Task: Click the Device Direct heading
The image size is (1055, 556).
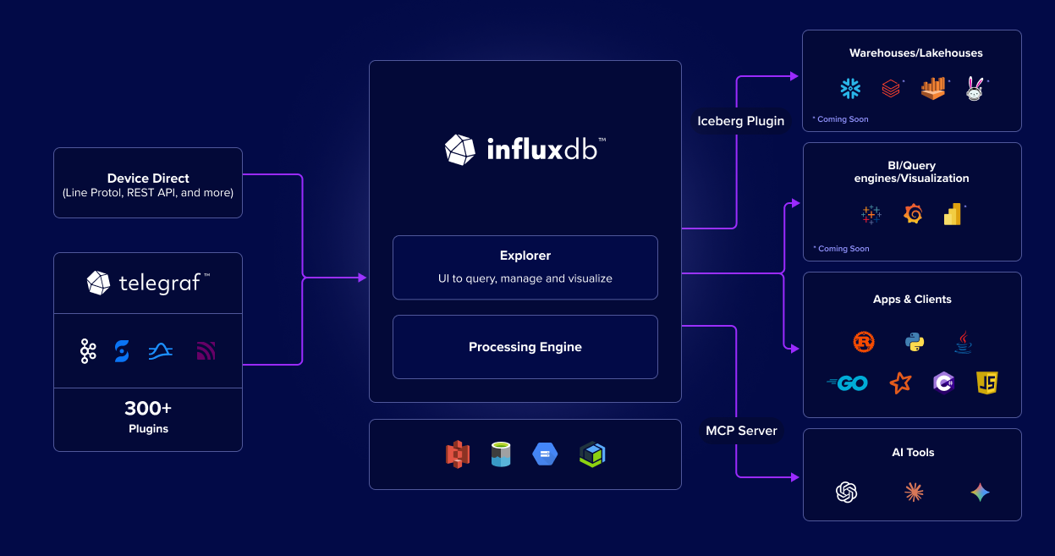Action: [148, 179]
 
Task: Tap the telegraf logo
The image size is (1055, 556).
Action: [148, 283]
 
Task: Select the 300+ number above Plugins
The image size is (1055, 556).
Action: [148, 408]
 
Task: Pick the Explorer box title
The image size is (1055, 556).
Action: [525, 256]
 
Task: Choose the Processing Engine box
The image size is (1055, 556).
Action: [525, 347]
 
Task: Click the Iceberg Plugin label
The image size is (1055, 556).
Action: [740, 121]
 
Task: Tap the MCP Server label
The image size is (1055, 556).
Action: [741, 431]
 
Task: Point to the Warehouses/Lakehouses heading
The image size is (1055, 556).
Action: [915, 53]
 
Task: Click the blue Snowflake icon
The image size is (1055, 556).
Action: [849, 88]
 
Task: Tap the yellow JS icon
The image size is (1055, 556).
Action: [986, 383]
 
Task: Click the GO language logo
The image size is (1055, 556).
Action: [848, 383]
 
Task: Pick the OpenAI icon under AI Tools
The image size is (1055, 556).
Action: [847, 492]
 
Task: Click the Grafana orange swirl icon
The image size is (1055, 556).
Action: [913, 214]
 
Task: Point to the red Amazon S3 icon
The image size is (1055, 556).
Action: [458, 454]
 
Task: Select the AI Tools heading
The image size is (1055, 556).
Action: [913, 453]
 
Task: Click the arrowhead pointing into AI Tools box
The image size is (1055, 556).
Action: [794, 477]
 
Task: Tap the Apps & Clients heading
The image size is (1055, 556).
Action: [912, 300]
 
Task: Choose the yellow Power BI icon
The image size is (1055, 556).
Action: [953, 214]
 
